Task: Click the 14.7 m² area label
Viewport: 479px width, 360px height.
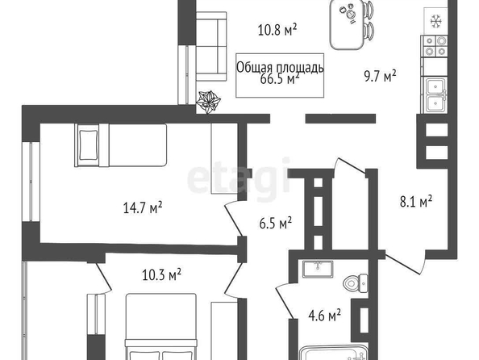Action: (143, 207)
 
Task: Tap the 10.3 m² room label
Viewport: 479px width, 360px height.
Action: (161, 274)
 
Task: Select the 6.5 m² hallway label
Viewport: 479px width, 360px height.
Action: (276, 223)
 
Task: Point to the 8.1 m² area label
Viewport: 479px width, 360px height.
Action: (416, 202)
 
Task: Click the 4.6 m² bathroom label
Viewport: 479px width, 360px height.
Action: (325, 316)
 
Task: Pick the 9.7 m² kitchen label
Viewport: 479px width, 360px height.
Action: (380, 76)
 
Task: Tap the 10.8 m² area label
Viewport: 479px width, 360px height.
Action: (277, 30)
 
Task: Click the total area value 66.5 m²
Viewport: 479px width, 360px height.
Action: (280, 79)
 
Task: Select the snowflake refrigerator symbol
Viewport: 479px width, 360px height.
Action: (435, 22)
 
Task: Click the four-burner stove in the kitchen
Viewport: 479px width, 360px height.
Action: (434, 46)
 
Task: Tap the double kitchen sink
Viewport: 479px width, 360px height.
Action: (435, 95)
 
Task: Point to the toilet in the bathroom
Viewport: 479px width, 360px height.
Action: (356, 283)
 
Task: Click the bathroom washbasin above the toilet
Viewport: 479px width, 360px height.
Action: (318, 269)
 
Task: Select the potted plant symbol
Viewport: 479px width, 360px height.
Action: (208, 102)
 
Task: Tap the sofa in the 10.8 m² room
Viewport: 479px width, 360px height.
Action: (211, 47)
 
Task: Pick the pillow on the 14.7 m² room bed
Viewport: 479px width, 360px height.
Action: (89, 145)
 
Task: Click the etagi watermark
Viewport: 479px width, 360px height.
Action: (239, 180)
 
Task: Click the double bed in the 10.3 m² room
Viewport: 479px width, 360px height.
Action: (161, 327)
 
